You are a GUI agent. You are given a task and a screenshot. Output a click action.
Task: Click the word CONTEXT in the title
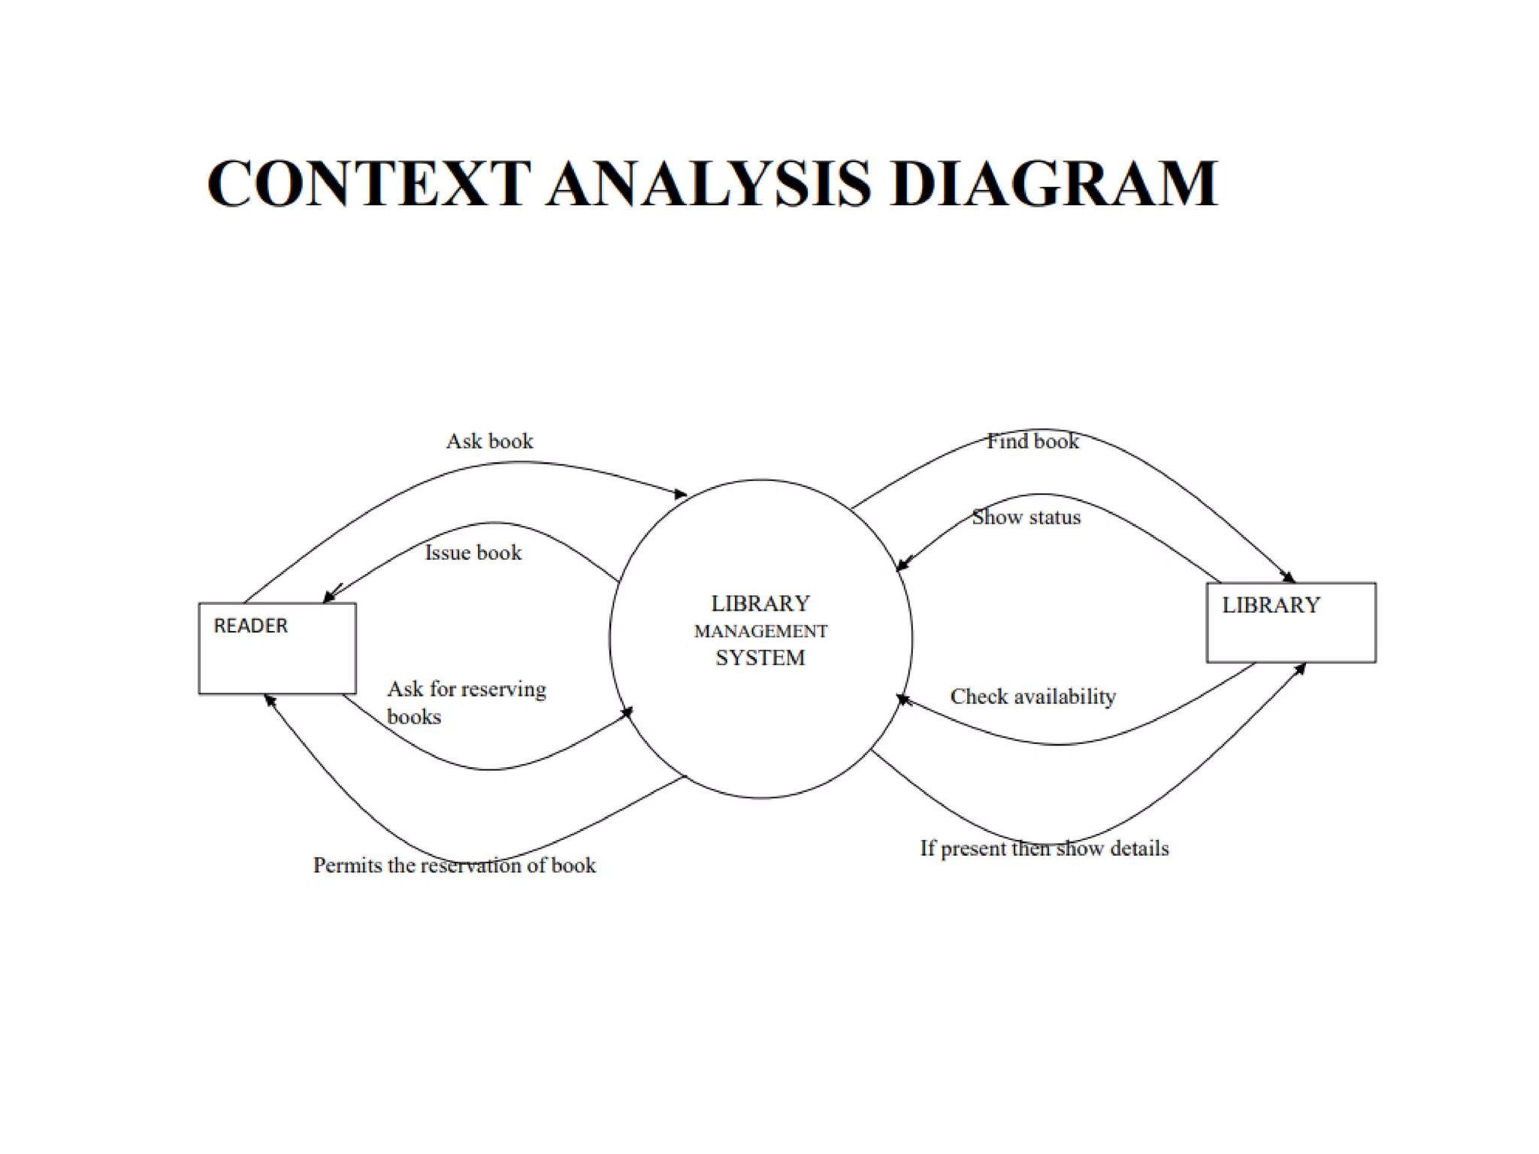[x=369, y=183]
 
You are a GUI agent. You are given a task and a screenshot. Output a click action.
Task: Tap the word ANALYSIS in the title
[x=709, y=183]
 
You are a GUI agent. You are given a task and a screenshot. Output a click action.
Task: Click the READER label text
[x=250, y=626]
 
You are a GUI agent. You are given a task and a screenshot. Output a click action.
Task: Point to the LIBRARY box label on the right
[x=1270, y=606]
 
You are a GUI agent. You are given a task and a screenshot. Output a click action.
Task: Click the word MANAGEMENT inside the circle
[x=760, y=632]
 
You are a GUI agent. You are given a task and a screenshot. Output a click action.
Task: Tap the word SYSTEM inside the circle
[x=760, y=658]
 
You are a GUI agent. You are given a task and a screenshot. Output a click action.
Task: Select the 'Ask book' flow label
[x=489, y=441]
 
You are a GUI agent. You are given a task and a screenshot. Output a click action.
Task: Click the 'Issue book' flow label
[x=473, y=553]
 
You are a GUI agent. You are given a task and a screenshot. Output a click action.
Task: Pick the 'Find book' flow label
[x=1032, y=441]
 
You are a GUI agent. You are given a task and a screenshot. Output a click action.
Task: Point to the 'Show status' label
[x=1026, y=518]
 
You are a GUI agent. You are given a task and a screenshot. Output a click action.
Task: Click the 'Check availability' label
[x=1033, y=696]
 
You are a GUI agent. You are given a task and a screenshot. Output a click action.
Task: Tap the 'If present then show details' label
[x=1044, y=848]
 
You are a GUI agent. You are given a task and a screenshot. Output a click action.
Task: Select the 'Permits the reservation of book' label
[x=454, y=865]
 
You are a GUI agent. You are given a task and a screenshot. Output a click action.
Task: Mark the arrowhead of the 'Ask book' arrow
[x=681, y=494]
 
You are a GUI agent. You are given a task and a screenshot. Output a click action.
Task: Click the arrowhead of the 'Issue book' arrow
[x=328, y=597]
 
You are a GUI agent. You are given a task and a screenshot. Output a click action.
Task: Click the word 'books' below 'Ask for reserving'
[x=413, y=717]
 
